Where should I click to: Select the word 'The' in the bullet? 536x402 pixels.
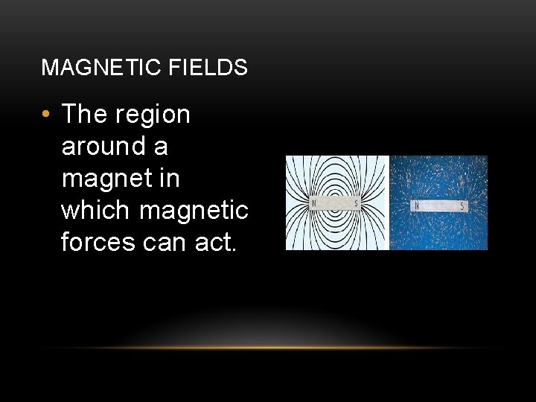point(84,115)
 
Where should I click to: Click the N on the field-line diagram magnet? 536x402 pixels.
point(314,203)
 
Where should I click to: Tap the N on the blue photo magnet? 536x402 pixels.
point(416,205)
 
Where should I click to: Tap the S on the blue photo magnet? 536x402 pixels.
point(463,205)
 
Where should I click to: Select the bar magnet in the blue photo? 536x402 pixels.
point(439,205)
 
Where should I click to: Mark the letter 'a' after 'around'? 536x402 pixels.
point(161,147)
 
